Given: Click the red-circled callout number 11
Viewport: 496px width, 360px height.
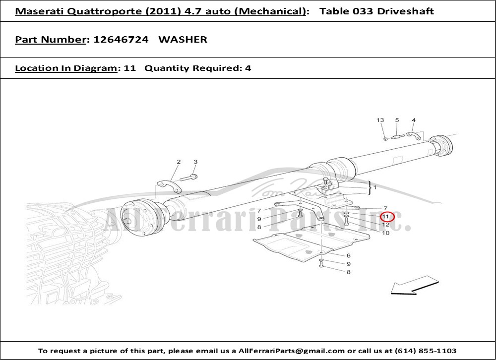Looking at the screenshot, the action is [385, 217].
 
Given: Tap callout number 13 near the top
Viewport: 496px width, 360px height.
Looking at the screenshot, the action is [380, 120].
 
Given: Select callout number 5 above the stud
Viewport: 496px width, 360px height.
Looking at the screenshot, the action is [397, 120].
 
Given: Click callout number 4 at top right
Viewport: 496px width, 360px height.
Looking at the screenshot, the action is [414, 120].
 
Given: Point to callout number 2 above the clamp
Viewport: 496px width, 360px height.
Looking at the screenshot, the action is [179, 162].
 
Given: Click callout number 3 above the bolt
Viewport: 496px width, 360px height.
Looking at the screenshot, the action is [195, 162].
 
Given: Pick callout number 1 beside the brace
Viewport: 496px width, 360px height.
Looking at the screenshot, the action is [375, 187].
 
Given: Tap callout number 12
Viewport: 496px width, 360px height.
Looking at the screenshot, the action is [385, 225].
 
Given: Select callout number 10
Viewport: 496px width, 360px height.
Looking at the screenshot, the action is [385, 233].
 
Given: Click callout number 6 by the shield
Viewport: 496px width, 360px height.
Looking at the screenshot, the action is [348, 255].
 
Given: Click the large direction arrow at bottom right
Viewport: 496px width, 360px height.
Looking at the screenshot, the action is [415, 285].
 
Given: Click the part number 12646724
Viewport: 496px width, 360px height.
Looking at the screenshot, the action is [121, 40].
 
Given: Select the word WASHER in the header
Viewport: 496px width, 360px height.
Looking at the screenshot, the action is [183, 40].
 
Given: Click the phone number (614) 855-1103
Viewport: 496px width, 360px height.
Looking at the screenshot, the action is [426, 351].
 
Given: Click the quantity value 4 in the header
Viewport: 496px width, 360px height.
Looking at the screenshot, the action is [248, 68].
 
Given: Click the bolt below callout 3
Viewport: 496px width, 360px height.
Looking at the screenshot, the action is [189, 178].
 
